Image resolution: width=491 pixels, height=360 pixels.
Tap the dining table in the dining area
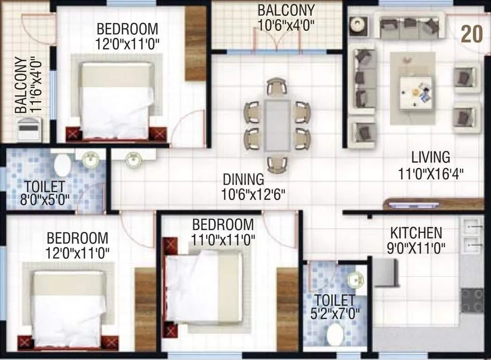277,125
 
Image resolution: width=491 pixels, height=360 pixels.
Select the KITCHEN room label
416,232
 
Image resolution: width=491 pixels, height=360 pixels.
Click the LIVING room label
431,157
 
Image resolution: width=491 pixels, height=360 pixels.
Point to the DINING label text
243,179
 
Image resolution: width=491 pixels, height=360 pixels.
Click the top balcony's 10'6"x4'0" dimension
286,24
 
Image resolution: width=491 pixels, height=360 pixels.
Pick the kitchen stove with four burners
472,300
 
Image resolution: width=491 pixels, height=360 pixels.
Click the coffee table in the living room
417,93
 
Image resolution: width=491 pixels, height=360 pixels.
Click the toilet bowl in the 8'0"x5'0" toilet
62,165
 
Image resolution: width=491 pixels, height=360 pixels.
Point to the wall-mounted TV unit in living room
412,205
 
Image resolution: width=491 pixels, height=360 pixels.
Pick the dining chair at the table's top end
277,87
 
